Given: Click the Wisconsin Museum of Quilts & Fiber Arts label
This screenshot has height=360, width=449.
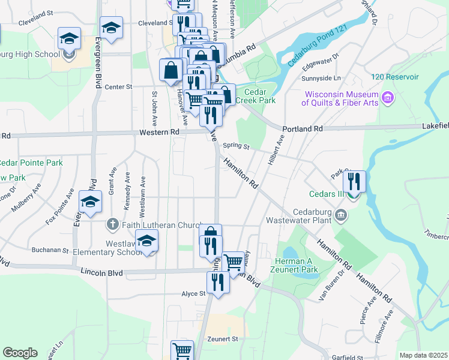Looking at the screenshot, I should [x=341, y=98].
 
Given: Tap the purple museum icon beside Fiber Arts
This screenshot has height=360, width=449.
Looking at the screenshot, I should [x=387, y=97].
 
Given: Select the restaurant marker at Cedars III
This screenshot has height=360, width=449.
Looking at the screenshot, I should [x=354, y=181].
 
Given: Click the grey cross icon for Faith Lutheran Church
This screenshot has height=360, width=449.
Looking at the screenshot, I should [x=112, y=224].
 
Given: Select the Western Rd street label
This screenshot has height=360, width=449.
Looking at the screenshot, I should [x=159, y=132].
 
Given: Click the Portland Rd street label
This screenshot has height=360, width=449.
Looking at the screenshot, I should [x=303, y=129].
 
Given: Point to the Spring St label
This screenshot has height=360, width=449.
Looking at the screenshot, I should [x=235, y=146].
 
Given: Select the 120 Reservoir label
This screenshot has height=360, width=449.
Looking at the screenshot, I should [x=394, y=77].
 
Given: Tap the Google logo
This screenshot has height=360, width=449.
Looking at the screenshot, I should [x=20, y=353].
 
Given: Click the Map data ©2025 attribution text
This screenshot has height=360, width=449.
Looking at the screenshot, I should [x=423, y=355].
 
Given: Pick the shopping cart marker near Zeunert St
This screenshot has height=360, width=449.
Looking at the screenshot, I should [x=182, y=351].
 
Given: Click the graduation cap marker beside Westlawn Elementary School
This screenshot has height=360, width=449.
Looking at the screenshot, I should [x=146, y=241].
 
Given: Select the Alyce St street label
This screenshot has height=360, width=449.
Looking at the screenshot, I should [x=194, y=294].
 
